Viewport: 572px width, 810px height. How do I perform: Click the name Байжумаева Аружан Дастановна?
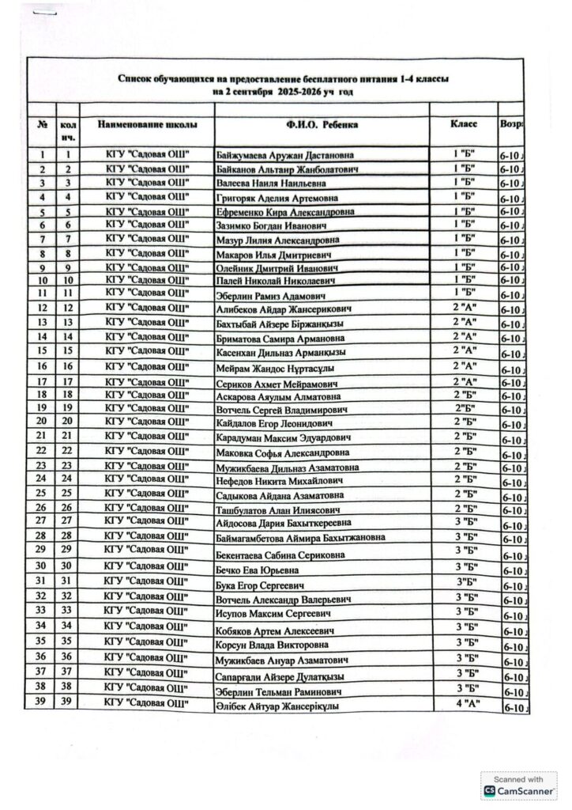click(284, 155)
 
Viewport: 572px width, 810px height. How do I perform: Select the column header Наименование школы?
click(148, 125)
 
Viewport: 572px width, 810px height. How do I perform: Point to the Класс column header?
click(463, 125)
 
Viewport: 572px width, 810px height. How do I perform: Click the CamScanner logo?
click(520, 790)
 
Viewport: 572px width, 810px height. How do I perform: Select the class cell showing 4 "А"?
click(468, 704)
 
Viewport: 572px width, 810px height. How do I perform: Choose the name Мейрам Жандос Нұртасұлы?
click(273, 368)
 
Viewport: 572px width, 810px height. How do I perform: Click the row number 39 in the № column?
click(41, 702)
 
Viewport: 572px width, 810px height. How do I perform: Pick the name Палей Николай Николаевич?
click(271, 281)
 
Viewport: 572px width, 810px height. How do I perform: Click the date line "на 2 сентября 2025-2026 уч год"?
click(283, 93)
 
